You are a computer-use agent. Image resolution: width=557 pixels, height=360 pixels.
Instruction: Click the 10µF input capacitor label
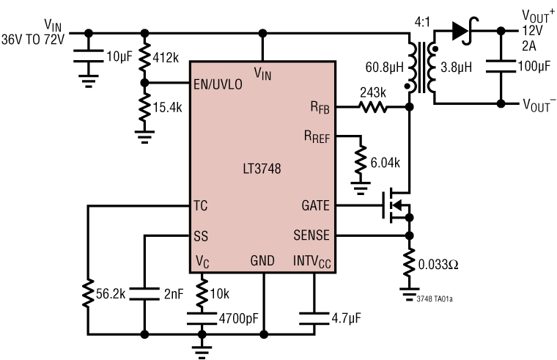119,56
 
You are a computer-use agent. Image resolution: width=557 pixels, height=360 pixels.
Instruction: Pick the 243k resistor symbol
374,107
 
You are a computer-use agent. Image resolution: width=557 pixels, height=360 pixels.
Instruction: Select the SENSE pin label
311,235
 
